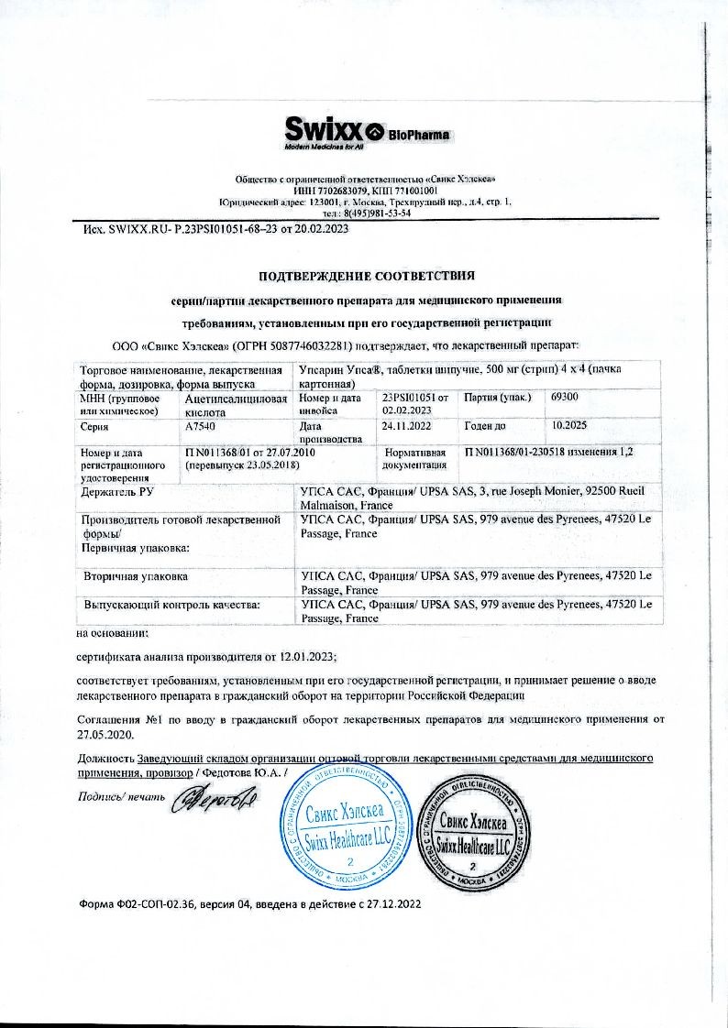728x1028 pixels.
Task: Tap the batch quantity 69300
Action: coord(565,397)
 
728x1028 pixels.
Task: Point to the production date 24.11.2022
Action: coord(405,426)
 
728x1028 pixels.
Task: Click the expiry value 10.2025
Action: coord(568,426)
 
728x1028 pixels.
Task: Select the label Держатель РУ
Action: coord(116,493)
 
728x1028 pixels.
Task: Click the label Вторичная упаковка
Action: coord(137,576)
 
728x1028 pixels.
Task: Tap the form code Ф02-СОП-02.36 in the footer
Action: coord(156,903)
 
